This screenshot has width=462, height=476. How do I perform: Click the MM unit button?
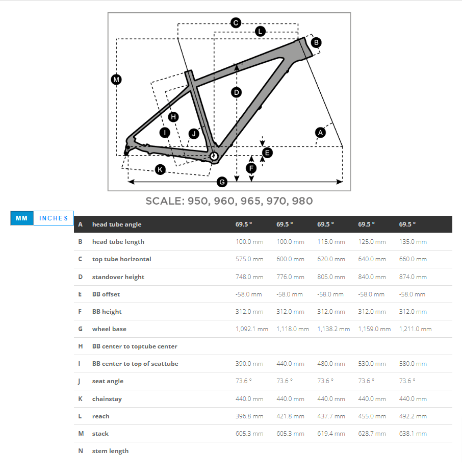pyautogui.click(x=21, y=218)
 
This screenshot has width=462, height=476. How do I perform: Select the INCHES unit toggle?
pyautogui.click(x=54, y=218)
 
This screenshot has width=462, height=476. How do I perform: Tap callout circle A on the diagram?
pyautogui.click(x=320, y=132)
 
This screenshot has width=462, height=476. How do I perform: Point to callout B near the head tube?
pyautogui.click(x=316, y=42)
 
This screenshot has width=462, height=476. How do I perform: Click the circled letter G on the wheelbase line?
pyautogui.click(x=222, y=182)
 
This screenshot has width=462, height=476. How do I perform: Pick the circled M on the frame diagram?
pyautogui.click(x=116, y=80)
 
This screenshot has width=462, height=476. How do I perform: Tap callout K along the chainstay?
pyautogui.click(x=161, y=169)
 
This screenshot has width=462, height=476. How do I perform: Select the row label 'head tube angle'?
pyautogui.click(x=117, y=224)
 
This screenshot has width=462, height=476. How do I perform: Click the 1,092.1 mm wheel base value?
pyautogui.click(x=252, y=329)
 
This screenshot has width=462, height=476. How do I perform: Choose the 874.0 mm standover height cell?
pyautogui.click(x=413, y=277)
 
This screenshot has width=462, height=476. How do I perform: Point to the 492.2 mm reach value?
pyautogui.click(x=413, y=416)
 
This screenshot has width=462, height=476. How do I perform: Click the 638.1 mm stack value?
pyautogui.click(x=413, y=434)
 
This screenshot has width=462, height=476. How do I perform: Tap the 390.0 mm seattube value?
pyautogui.click(x=249, y=364)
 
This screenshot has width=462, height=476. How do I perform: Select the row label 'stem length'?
pyautogui.click(x=110, y=451)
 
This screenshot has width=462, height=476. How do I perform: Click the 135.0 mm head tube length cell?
pyautogui.click(x=413, y=242)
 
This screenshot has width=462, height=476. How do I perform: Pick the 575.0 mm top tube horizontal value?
pyautogui.click(x=249, y=259)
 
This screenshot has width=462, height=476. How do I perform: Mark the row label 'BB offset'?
pyautogui.click(x=106, y=294)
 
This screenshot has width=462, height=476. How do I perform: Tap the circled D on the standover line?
pyautogui.click(x=236, y=92)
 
